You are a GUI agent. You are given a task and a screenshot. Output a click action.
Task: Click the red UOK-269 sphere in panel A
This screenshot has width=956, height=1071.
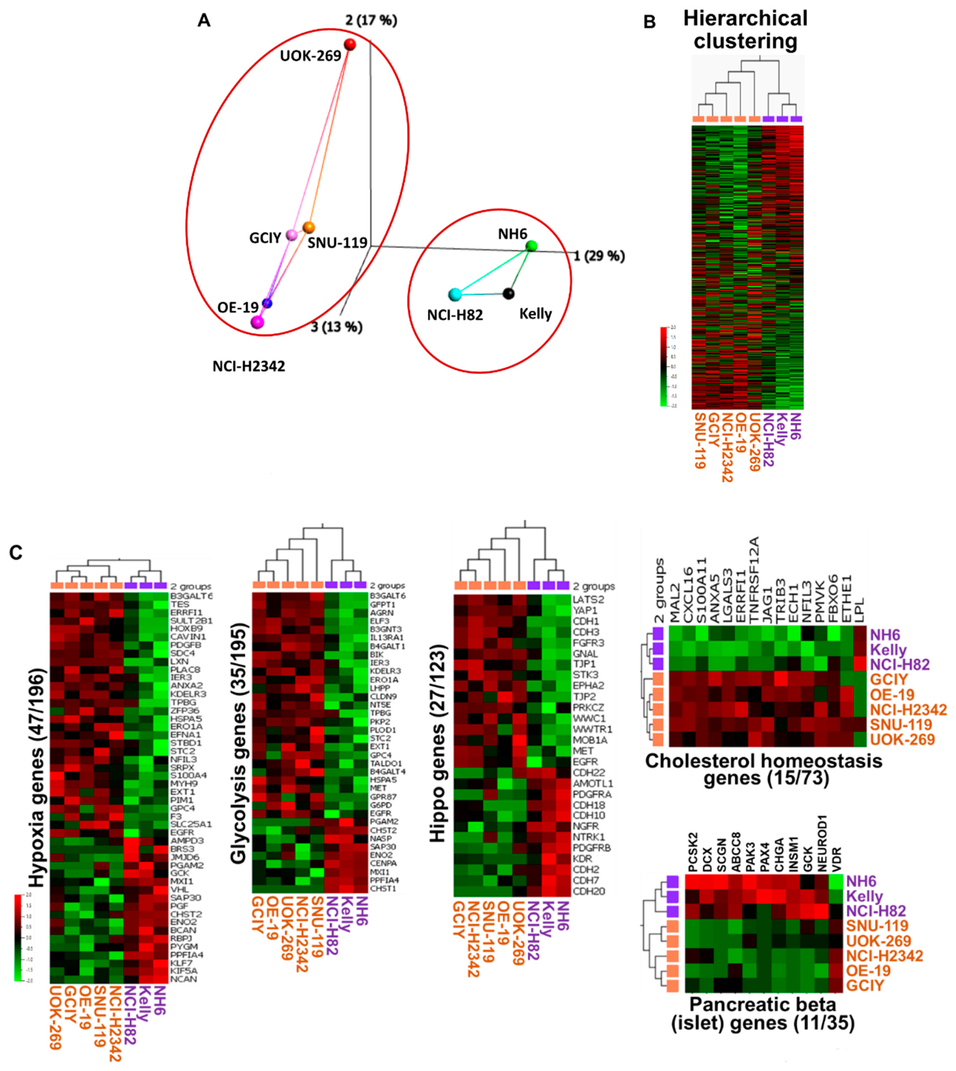pyautogui.click(x=350, y=44)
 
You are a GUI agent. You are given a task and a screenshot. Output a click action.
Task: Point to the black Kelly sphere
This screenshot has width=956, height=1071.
pyautogui.click(x=509, y=293)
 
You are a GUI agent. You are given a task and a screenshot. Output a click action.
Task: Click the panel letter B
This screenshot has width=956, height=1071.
pyautogui.click(x=650, y=22)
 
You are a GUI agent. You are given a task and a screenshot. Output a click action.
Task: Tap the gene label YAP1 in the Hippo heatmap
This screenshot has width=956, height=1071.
pyautogui.click(x=585, y=611)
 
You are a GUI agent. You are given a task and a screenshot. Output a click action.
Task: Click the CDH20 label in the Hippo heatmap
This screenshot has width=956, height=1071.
pyautogui.click(x=588, y=891)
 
